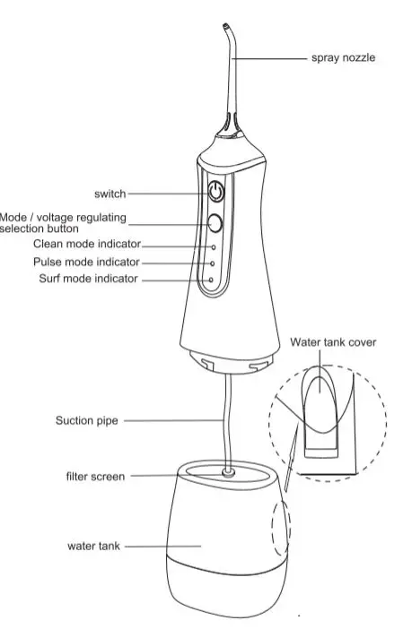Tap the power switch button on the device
[216, 192]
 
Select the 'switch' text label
[110, 193]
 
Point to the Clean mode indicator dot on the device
[214, 245]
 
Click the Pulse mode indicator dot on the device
[213, 263]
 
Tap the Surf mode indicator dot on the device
[212, 280]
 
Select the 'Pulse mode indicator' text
[86, 263]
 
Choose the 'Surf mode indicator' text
[89, 280]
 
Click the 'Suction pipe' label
[83, 418]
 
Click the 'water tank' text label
[93, 545]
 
